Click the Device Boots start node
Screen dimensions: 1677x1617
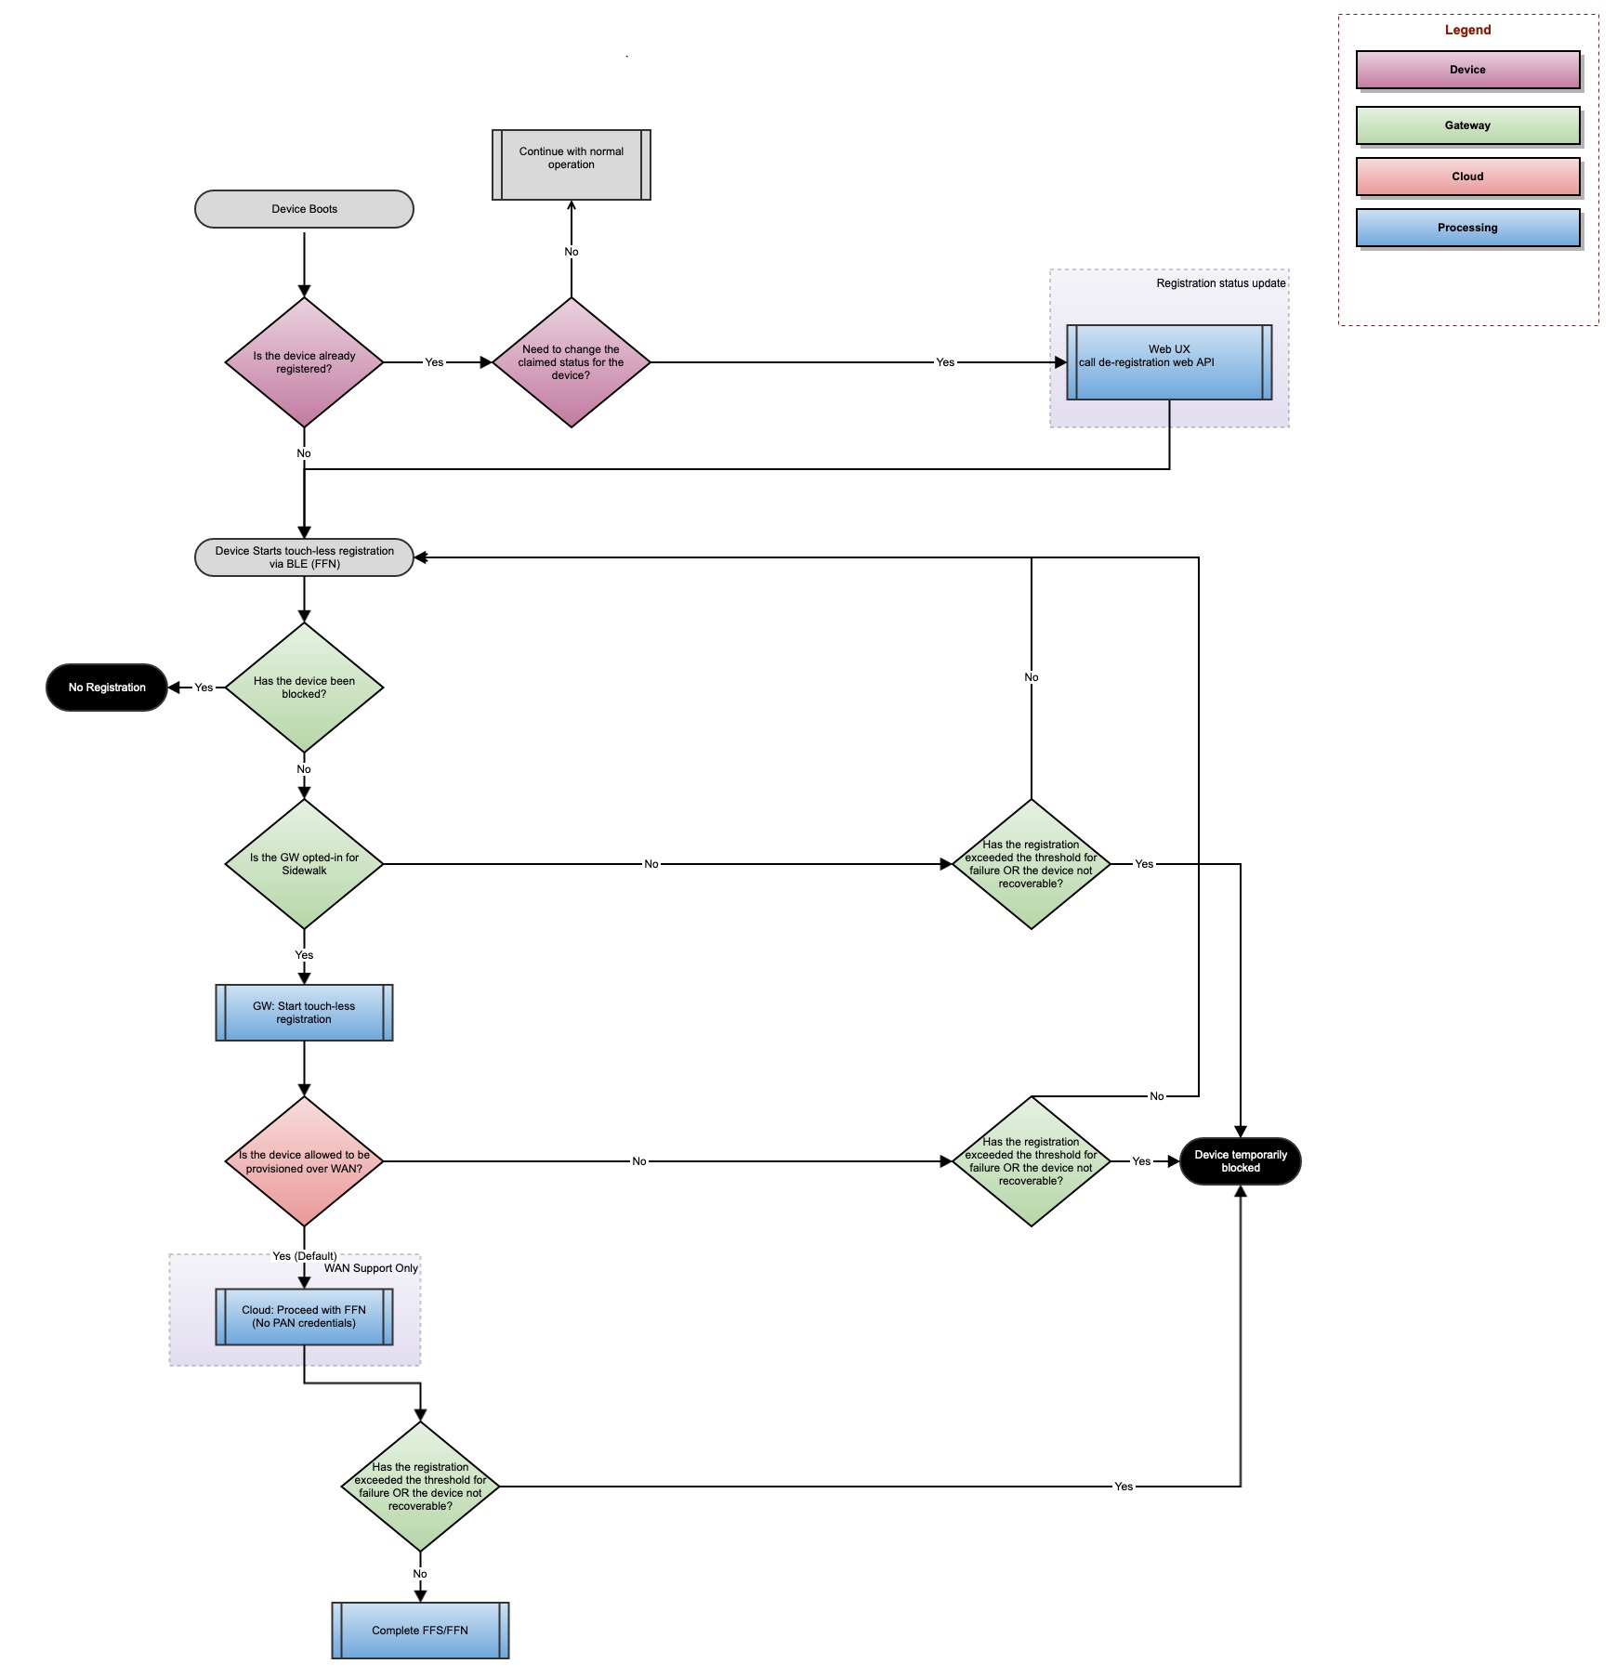pos(304,209)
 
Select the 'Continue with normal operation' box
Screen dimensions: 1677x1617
pos(571,164)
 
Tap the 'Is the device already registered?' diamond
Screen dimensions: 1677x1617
pos(304,362)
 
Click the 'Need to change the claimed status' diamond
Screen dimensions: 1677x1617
pos(571,362)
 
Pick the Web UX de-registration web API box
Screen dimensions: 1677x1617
pos(1168,362)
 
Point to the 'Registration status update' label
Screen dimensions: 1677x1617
pos(1220,283)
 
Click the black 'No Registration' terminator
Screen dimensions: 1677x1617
pos(107,688)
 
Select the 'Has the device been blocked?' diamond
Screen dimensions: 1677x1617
pos(304,688)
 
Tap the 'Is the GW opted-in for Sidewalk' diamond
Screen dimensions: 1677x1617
pos(304,864)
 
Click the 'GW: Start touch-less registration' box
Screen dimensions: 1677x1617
pos(304,1013)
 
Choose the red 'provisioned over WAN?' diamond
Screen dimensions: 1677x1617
pos(304,1161)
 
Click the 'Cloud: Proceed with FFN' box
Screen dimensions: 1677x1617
pos(304,1317)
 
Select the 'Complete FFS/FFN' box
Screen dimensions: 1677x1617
pos(420,1630)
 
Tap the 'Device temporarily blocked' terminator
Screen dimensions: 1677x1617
pos(1240,1161)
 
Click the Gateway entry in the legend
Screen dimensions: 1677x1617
pos(1467,125)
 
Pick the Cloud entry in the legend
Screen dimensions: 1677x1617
pos(1467,177)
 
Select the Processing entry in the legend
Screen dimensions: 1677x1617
pos(1467,228)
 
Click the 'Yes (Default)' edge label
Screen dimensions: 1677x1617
pos(304,1256)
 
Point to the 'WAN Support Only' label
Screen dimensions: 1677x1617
pos(371,1268)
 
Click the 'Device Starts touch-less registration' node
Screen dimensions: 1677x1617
pos(304,557)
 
